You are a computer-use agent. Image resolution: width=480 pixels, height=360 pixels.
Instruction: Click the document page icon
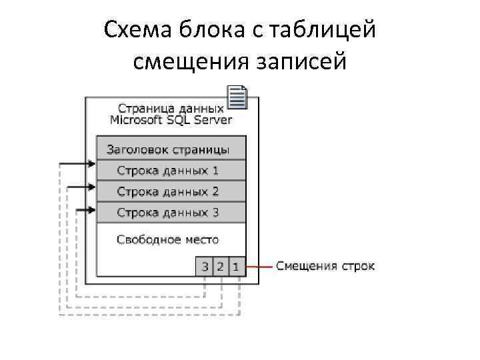click(x=237, y=97)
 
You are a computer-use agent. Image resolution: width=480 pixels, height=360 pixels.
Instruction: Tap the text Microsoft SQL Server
click(x=171, y=120)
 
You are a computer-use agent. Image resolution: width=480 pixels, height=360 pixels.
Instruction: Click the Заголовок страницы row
click(x=171, y=149)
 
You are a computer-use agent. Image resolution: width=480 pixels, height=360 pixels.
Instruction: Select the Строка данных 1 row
click(x=171, y=170)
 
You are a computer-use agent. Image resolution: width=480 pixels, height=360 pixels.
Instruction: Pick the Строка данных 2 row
click(x=171, y=191)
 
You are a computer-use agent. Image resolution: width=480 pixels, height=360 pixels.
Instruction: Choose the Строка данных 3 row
click(x=171, y=213)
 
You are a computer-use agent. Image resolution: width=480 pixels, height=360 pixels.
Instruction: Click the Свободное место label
click(x=167, y=239)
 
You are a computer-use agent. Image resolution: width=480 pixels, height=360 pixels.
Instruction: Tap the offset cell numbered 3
click(x=205, y=267)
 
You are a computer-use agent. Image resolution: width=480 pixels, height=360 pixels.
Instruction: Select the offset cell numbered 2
click(x=221, y=267)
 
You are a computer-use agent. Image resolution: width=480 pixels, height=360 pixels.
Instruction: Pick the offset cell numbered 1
click(x=237, y=267)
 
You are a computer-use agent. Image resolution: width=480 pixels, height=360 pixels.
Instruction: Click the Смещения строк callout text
click(x=325, y=267)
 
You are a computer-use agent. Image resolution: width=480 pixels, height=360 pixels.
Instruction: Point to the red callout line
click(x=259, y=267)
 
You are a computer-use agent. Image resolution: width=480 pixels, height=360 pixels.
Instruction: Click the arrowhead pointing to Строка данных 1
click(x=93, y=163)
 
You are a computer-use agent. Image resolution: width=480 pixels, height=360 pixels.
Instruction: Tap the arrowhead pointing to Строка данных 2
click(x=93, y=187)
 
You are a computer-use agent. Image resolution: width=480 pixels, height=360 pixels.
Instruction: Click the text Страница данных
click(x=171, y=108)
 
